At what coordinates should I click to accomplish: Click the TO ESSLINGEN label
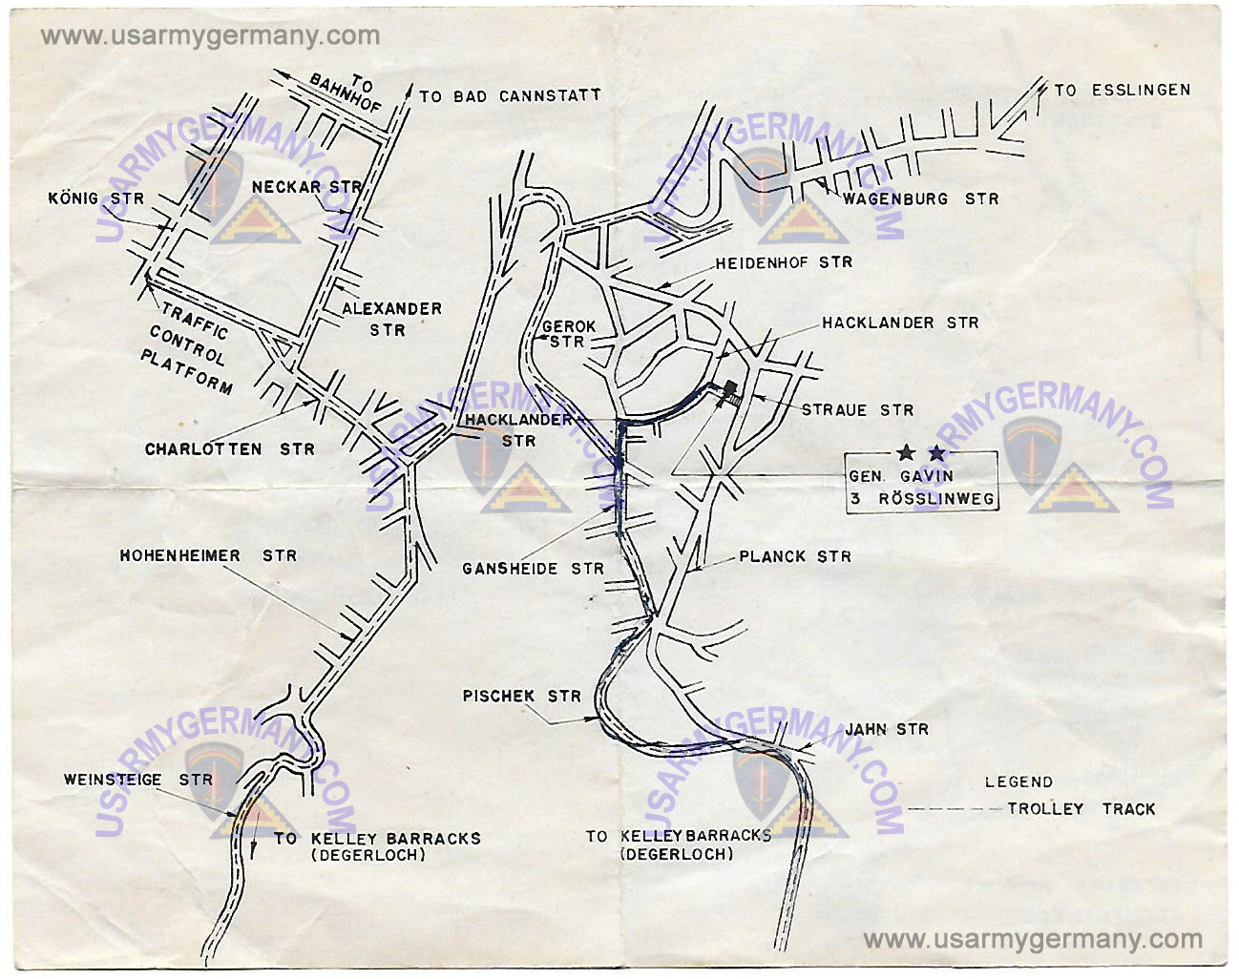[1122, 91]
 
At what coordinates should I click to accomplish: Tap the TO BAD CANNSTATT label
[510, 96]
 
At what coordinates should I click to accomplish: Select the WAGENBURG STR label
[920, 199]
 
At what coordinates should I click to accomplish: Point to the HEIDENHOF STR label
[784, 262]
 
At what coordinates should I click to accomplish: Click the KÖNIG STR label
[95, 198]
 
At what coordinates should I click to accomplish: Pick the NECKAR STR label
[306, 187]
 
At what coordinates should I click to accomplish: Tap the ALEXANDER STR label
[390, 320]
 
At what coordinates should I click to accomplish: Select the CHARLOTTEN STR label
[229, 449]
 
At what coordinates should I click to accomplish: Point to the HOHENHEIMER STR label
[208, 555]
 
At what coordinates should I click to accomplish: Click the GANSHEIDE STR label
[533, 569]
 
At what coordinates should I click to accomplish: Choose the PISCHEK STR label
[521, 697]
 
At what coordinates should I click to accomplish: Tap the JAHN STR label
[886, 730]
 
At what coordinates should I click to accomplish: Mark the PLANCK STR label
[795, 556]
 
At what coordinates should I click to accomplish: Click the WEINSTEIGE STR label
[138, 780]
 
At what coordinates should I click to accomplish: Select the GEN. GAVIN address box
[921, 483]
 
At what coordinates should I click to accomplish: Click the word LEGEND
[1018, 782]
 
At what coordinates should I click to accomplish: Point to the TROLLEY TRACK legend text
[1081, 809]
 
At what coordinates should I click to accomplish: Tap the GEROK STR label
[568, 334]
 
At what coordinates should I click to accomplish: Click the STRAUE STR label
[857, 410]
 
